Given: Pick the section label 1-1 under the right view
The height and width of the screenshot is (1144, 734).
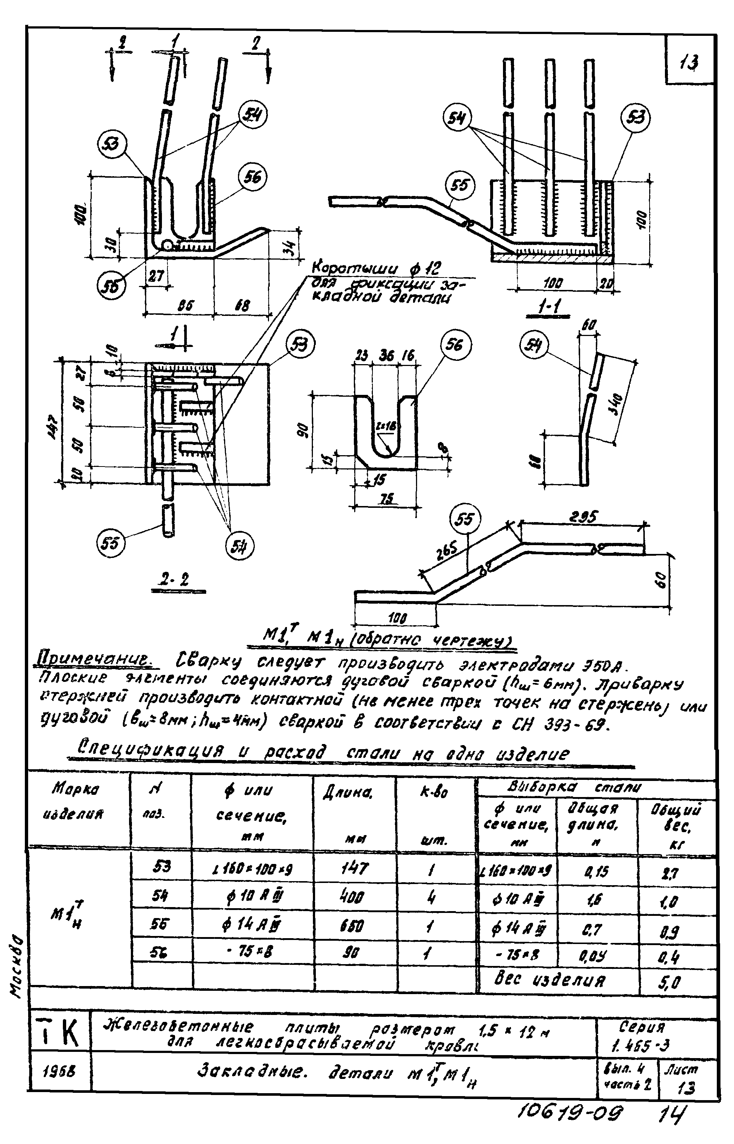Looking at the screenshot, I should click(548, 309).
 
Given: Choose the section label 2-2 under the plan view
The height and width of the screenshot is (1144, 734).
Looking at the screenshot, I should click(174, 580).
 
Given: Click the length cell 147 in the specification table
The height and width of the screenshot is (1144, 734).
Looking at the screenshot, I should click(354, 868).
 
